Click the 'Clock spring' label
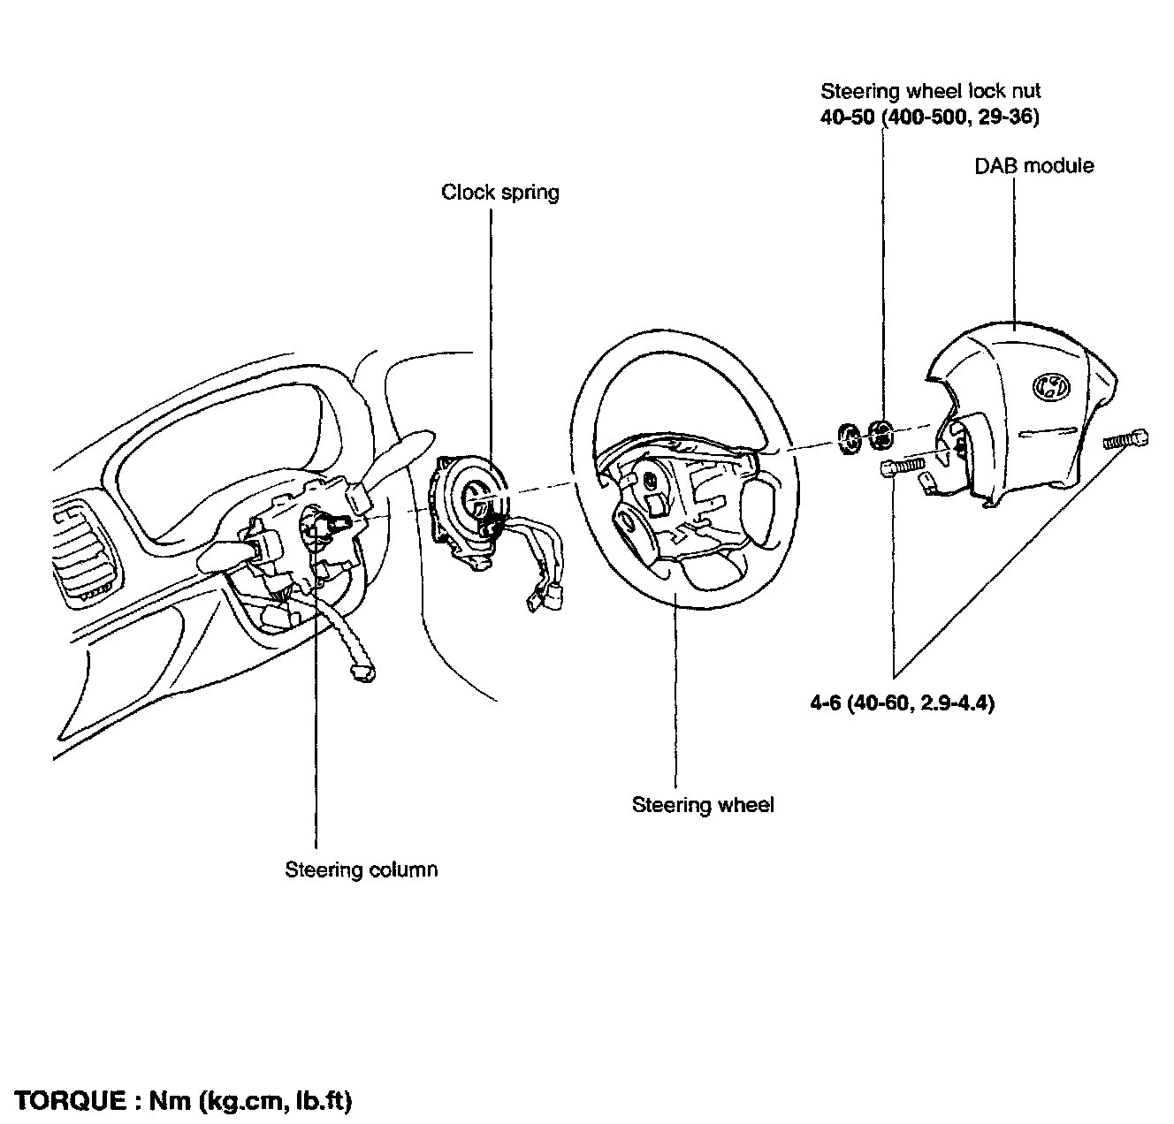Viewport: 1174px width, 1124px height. click(x=500, y=193)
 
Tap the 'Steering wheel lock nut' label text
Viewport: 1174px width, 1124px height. click(x=931, y=91)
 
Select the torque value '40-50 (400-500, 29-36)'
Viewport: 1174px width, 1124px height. click(x=929, y=117)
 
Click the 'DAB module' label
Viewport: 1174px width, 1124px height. click(x=1033, y=166)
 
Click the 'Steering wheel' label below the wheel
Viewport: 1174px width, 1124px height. click(x=703, y=805)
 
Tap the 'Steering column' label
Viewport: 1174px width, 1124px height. click(x=361, y=870)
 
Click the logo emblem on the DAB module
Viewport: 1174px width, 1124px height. click(x=1049, y=385)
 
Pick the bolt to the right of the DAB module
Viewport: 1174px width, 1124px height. click(x=1126, y=438)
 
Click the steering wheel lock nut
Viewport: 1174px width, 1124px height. click(x=881, y=433)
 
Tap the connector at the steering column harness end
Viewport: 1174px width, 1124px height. click(x=362, y=673)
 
